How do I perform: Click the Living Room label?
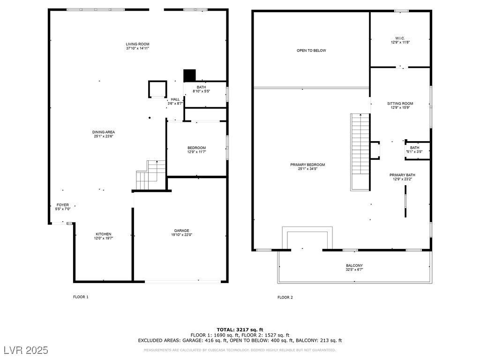pos(137,44)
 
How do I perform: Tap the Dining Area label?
pos(104,132)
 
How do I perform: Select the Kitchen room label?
pos(104,234)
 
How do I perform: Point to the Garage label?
pos(181,231)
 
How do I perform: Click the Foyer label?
pos(63,205)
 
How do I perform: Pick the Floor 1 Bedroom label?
pos(196,148)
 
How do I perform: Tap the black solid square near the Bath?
pos(189,75)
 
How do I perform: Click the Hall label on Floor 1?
pos(175,99)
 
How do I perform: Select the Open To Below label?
pos(311,51)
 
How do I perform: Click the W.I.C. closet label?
pos(400,38)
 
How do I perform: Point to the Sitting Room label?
pos(400,104)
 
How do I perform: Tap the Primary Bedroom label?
pos(307,165)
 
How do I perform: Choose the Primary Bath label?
pos(402,175)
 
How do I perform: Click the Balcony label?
pos(354,265)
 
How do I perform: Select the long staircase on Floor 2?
pos(360,151)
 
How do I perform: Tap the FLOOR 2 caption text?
pos(285,297)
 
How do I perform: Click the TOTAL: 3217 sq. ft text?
pos(240,330)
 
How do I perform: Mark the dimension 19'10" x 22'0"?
pos(181,235)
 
